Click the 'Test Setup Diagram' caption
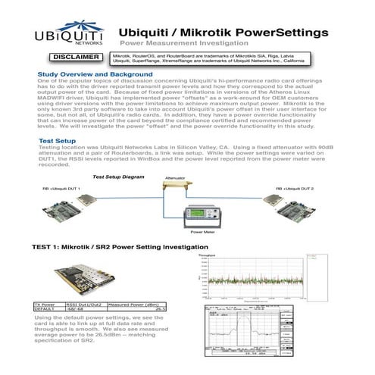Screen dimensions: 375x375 tap(117, 177)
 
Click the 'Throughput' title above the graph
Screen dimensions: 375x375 tap(207, 258)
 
